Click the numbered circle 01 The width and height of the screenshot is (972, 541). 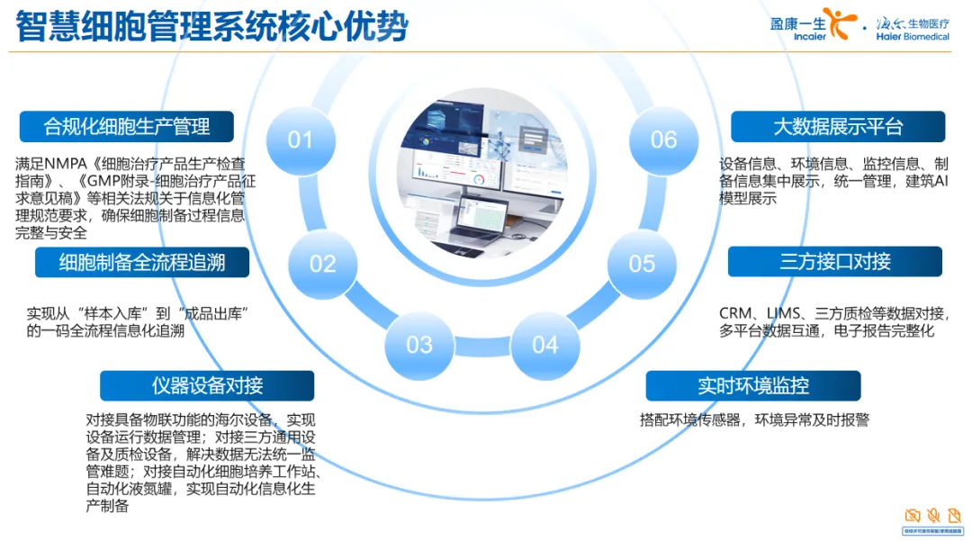[301, 140]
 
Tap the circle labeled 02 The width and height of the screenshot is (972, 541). [322, 263]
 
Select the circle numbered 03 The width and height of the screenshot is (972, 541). [419, 344]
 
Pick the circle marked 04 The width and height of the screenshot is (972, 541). [545, 344]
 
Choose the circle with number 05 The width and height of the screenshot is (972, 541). [642, 263]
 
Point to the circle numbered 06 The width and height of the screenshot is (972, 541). [663, 140]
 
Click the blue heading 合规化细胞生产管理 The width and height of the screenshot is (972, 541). [126, 127]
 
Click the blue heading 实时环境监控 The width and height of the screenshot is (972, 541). [753, 385]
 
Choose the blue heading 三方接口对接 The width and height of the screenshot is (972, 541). [834, 262]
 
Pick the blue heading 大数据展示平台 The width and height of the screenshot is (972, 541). [837, 127]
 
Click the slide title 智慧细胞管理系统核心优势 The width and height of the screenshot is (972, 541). [212, 26]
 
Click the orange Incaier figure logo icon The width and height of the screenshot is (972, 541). [837, 23]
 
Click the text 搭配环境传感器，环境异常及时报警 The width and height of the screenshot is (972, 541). [754, 419]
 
